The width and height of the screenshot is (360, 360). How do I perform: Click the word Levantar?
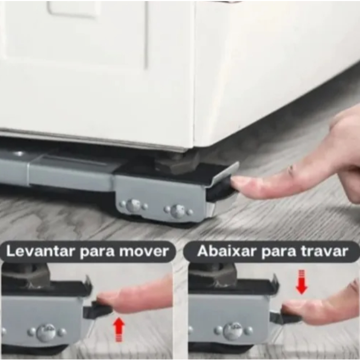tap(41, 251)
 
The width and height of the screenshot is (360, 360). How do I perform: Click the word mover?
tap(144, 251)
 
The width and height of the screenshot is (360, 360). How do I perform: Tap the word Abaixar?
tap(226, 251)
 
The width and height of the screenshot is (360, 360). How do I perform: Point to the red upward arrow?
tap(119, 329)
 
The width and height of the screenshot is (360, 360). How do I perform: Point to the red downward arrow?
tap(302, 282)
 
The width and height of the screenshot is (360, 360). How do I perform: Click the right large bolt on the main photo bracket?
tap(178, 211)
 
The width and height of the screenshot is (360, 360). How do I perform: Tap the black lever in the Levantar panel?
tap(98, 309)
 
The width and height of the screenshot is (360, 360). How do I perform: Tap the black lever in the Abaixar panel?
tap(285, 317)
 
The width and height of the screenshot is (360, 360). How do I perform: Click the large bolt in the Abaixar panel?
tap(233, 331)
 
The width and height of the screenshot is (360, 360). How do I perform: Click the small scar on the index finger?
tap(292, 170)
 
